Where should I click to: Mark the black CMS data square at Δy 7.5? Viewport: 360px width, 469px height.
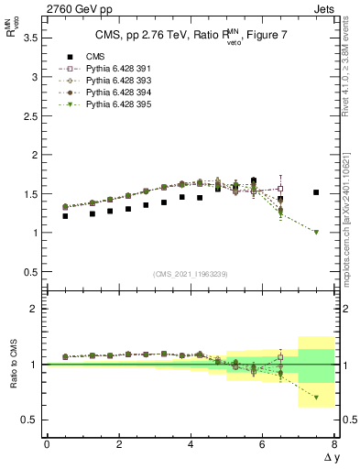[316, 192]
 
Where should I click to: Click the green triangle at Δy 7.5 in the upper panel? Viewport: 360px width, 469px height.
[316, 232]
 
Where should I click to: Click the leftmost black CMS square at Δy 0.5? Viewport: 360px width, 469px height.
[64, 216]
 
